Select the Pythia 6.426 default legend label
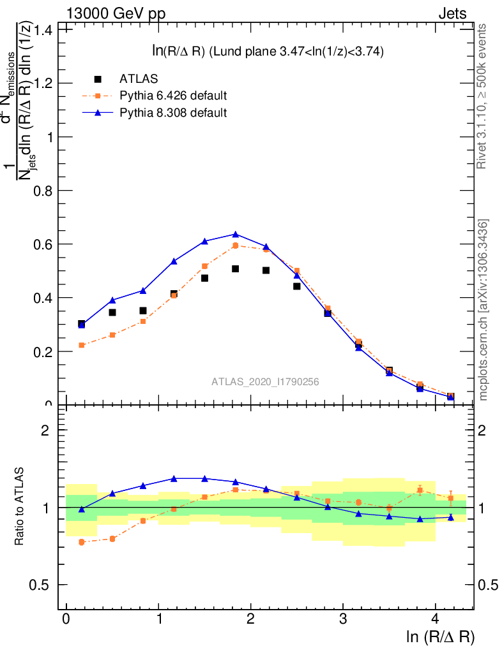[x=172, y=96]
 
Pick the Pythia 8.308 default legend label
[x=172, y=113]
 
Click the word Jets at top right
[x=452, y=13]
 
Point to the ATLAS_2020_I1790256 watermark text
[x=266, y=382]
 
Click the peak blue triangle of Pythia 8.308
[x=235, y=234]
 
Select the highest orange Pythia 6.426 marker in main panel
[x=235, y=246]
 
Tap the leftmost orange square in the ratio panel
[x=82, y=542]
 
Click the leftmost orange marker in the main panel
[x=82, y=345]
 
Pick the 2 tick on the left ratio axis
[x=45, y=430]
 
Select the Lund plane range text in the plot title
[x=300, y=52]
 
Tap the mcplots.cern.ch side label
[x=483, y=310]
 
